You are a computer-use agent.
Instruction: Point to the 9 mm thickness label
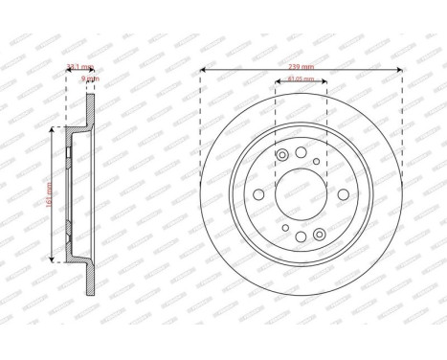click(91, 80)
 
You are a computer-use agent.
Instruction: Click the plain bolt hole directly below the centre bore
click(300, 236)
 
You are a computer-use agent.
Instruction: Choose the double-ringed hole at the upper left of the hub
click(282, 156)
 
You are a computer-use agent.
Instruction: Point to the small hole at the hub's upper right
click(317, 161)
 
